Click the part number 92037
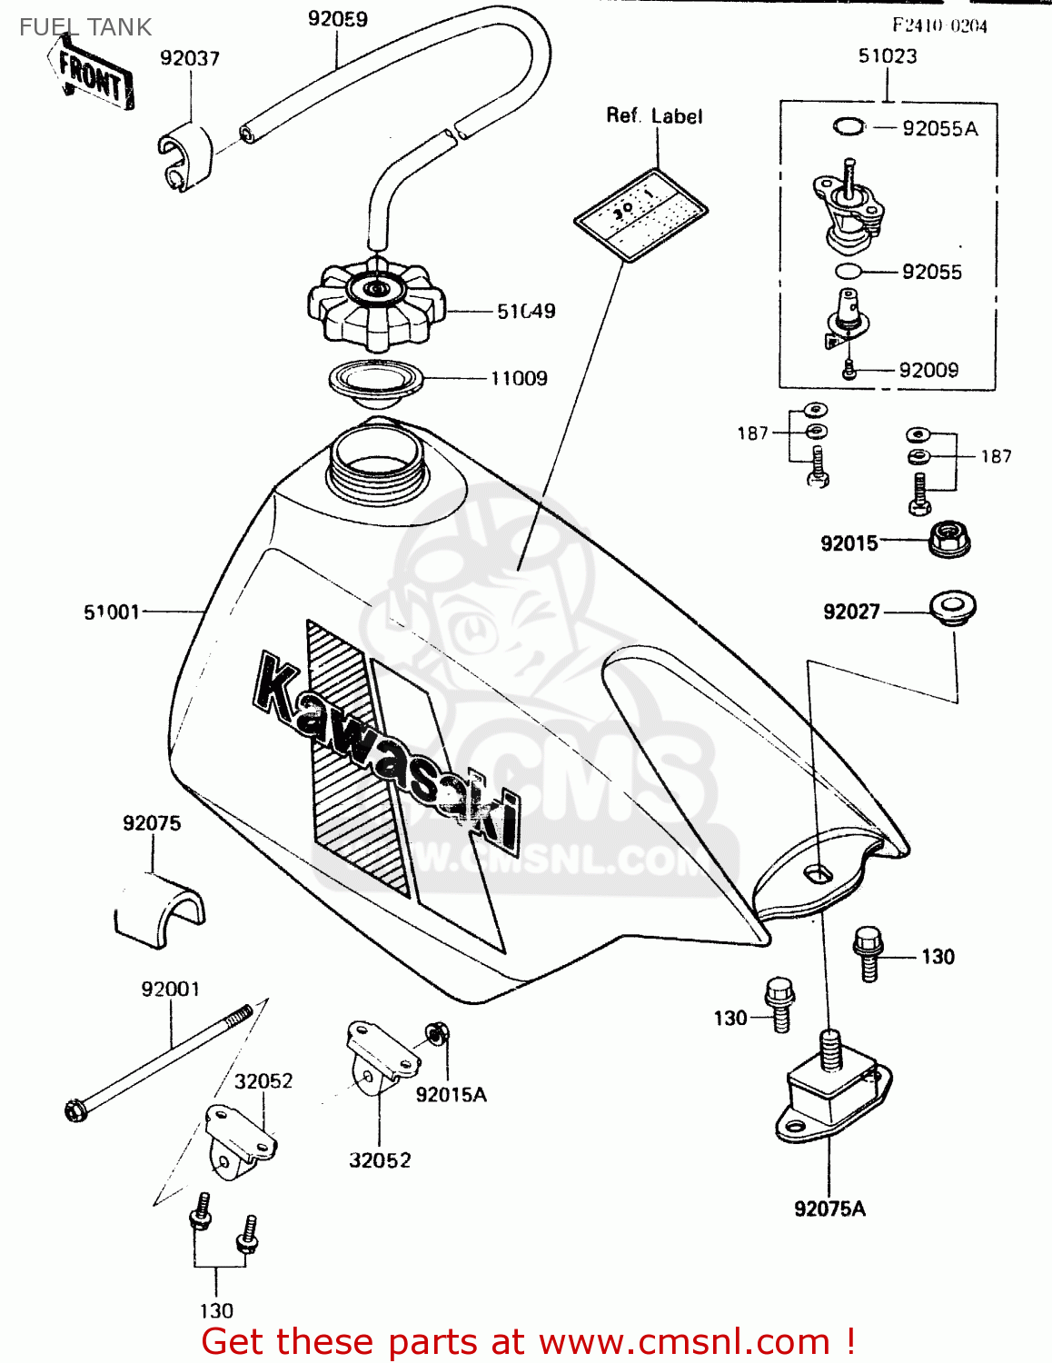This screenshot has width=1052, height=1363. (190, 58)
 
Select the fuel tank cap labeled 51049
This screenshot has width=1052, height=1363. (375, 304)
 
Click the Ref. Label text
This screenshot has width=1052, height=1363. (654, 116)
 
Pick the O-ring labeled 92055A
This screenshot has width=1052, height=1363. (849, 126)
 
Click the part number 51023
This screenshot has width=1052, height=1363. (888, 56)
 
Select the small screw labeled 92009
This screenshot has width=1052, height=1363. (849, 370)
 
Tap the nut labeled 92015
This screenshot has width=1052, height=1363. (949, 540)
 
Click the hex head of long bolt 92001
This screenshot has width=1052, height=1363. (77, 1109)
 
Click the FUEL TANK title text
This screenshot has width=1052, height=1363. (85, 27)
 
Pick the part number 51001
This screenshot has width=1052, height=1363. (112, 612)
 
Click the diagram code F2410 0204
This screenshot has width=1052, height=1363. (939, 25)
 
